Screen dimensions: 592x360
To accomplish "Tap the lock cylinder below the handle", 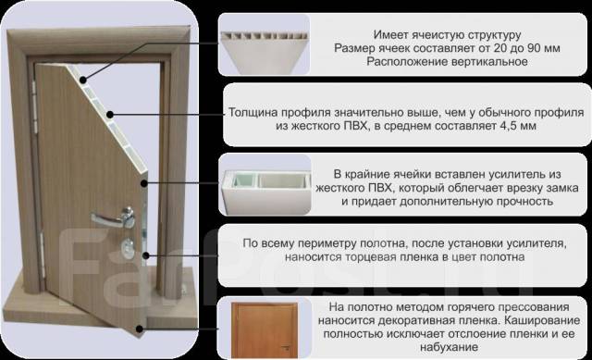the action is click(128, 247).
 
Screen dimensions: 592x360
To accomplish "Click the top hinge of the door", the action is click(35, 107).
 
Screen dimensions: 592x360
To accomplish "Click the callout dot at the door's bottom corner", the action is click(140, 329).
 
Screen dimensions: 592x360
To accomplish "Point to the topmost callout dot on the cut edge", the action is click(83, 80).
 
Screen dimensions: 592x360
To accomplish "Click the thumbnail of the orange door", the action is click(265, 329).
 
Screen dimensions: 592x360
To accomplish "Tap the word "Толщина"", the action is click(253, 113).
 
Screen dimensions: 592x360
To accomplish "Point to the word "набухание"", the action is click(450, 347).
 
